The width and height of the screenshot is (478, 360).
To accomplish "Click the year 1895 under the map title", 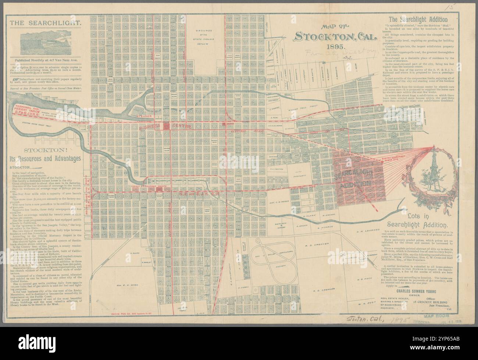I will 333,47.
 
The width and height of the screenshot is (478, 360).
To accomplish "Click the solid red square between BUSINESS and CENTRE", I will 167,126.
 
